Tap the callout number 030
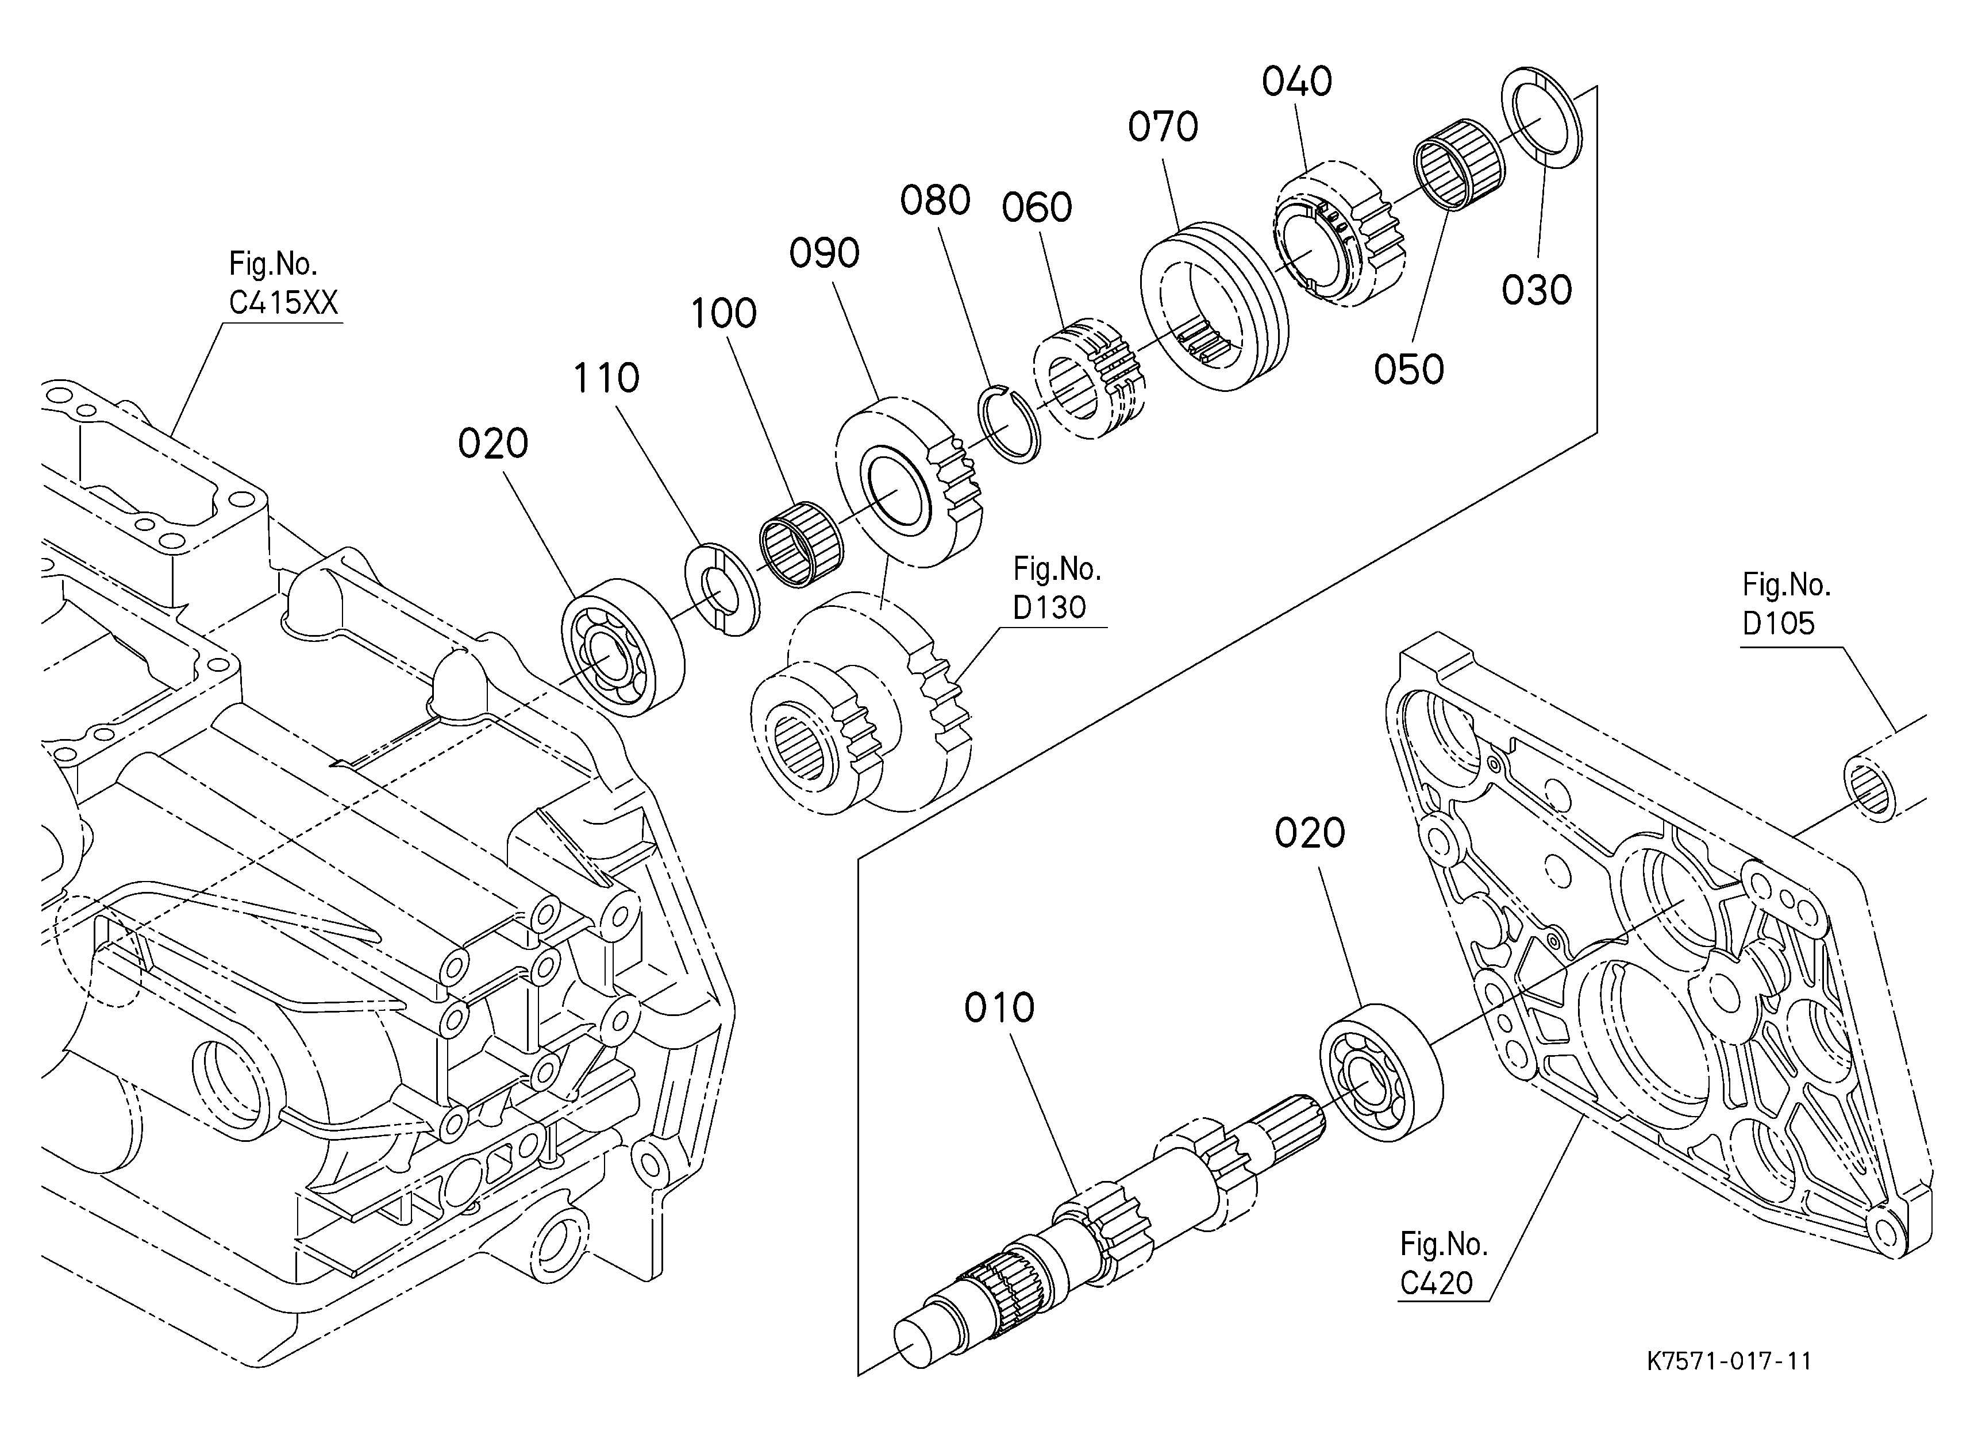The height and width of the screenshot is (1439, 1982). (1536, 290)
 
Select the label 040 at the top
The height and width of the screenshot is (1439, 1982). (1297, 81)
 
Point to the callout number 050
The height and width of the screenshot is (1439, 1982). (1408, 370)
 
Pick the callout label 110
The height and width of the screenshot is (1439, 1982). (606, 378)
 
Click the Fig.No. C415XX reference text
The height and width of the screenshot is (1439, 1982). (283, 283)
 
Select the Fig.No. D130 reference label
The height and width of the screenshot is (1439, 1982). (1057, 588)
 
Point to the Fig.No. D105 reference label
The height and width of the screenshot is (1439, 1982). (1785, 604)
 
